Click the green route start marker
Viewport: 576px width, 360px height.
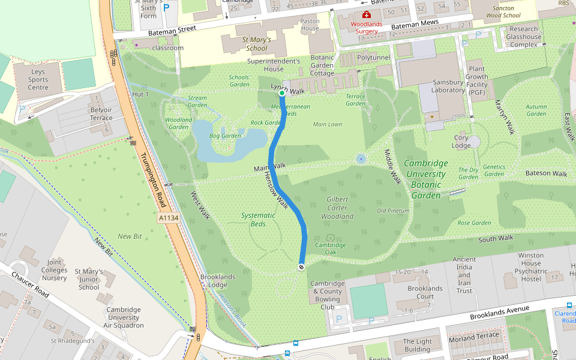282,93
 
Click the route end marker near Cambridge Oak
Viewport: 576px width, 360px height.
301,267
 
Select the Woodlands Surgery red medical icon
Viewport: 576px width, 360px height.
366,14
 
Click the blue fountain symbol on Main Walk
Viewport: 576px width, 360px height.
361,159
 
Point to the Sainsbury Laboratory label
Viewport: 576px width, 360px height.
448,86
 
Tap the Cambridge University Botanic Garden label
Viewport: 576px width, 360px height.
425,179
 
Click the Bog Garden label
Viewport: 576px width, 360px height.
226,136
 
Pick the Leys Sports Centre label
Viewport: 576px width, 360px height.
38,80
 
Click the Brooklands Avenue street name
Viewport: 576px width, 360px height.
500,312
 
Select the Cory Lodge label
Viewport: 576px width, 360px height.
461,142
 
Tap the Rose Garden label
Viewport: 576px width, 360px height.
474,223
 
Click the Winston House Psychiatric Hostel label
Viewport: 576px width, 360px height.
530,267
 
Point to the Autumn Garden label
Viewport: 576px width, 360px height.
536,110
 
